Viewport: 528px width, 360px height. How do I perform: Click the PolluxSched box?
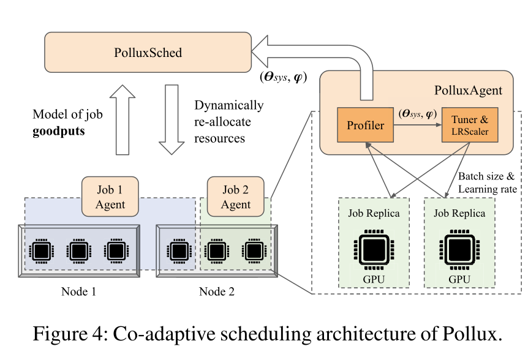pos(148,53)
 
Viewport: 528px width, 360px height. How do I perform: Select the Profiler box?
pos(365,126)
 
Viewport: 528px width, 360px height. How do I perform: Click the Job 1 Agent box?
pos(110,197)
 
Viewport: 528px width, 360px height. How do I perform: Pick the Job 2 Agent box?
pos(235,197)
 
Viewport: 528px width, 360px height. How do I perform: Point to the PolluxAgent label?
pos(467,91)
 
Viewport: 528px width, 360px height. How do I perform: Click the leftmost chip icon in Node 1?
pos(42,251)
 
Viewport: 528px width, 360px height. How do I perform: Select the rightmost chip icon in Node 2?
pos(252,251)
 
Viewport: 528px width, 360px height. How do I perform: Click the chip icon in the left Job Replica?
pos(373,249)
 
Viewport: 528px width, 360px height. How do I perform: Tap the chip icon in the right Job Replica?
pos(459,249)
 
